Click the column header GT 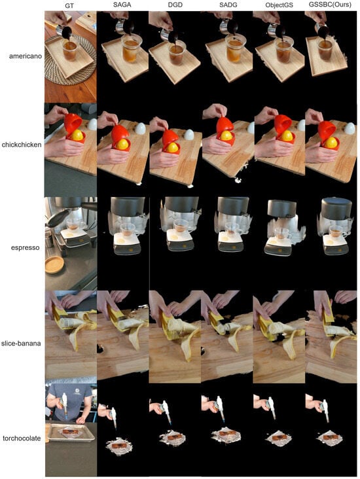pyautogui.click(x=69, y=6)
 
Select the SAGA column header pyautogui.click(x=122, y=5)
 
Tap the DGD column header pyautogui.click(x=175, y=5)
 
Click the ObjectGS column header pyautogui.click(x=279, y=5)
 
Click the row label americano pyautogui.click(x=26, y=56)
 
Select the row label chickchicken pyautogui.click(x=22, y=145)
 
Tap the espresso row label pyautogui.click(x=26, y=248)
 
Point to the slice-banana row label pyautogui.click(x=21, y=343)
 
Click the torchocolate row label pyautogui.click(x=22, y=438)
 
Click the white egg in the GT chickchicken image pyautogui.click(x=92, y=124)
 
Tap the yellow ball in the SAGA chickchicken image pyautogui.click(x=122, y=144)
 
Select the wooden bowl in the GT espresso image pyautogui.click(x=55, y=264)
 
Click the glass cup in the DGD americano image pyautogui.click(x=177, y=52)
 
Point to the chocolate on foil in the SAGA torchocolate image pyautogui.click(x=120, y=446)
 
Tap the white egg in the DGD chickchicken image pyautogui.click(x=189, y=134)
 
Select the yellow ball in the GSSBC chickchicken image pyautogui.click(x=331, y=143)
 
